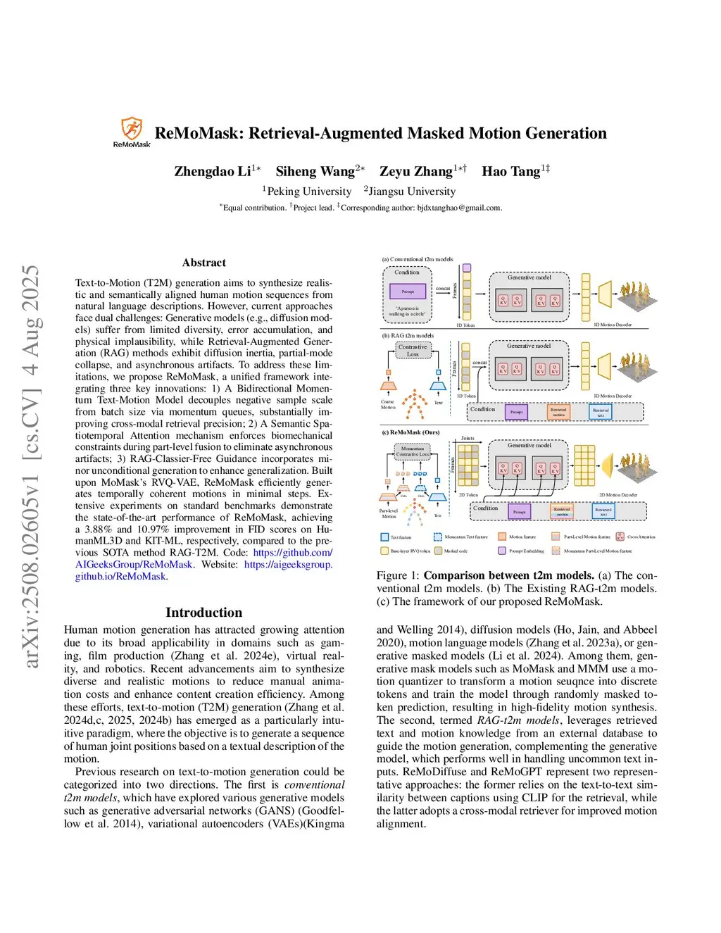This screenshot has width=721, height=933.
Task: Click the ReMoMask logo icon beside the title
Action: click(x=132, y=129)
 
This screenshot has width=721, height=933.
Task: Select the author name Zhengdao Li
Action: click(x=213, y=172)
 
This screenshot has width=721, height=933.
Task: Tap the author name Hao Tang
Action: click(x=510, y=172)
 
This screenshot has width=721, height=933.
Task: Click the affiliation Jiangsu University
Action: click(x=412, y=192)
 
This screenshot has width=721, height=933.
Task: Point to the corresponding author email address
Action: click(x=459, y=208)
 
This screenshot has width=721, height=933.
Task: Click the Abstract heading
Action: click(x=204, y=263)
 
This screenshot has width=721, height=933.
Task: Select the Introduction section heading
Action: click(x=203, y=613)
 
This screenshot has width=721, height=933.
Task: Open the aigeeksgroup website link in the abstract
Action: click(x=288, y=565)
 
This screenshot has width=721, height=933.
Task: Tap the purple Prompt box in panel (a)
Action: click(x=408, y=291)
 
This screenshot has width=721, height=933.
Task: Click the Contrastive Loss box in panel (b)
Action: click(x=413, y=351)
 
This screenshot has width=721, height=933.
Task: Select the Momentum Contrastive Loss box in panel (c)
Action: click(x=413, y=451)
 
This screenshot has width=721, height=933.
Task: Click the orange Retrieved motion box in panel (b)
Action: click(x=558, y=412)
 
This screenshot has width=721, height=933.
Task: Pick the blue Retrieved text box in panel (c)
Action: click(x=603, y=511)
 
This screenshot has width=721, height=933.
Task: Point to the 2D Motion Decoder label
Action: click(x=618, y=495)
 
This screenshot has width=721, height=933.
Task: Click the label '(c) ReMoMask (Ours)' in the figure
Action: click(x=410, y=432)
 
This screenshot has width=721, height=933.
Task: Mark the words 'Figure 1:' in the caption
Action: click(x=398, y=575)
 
